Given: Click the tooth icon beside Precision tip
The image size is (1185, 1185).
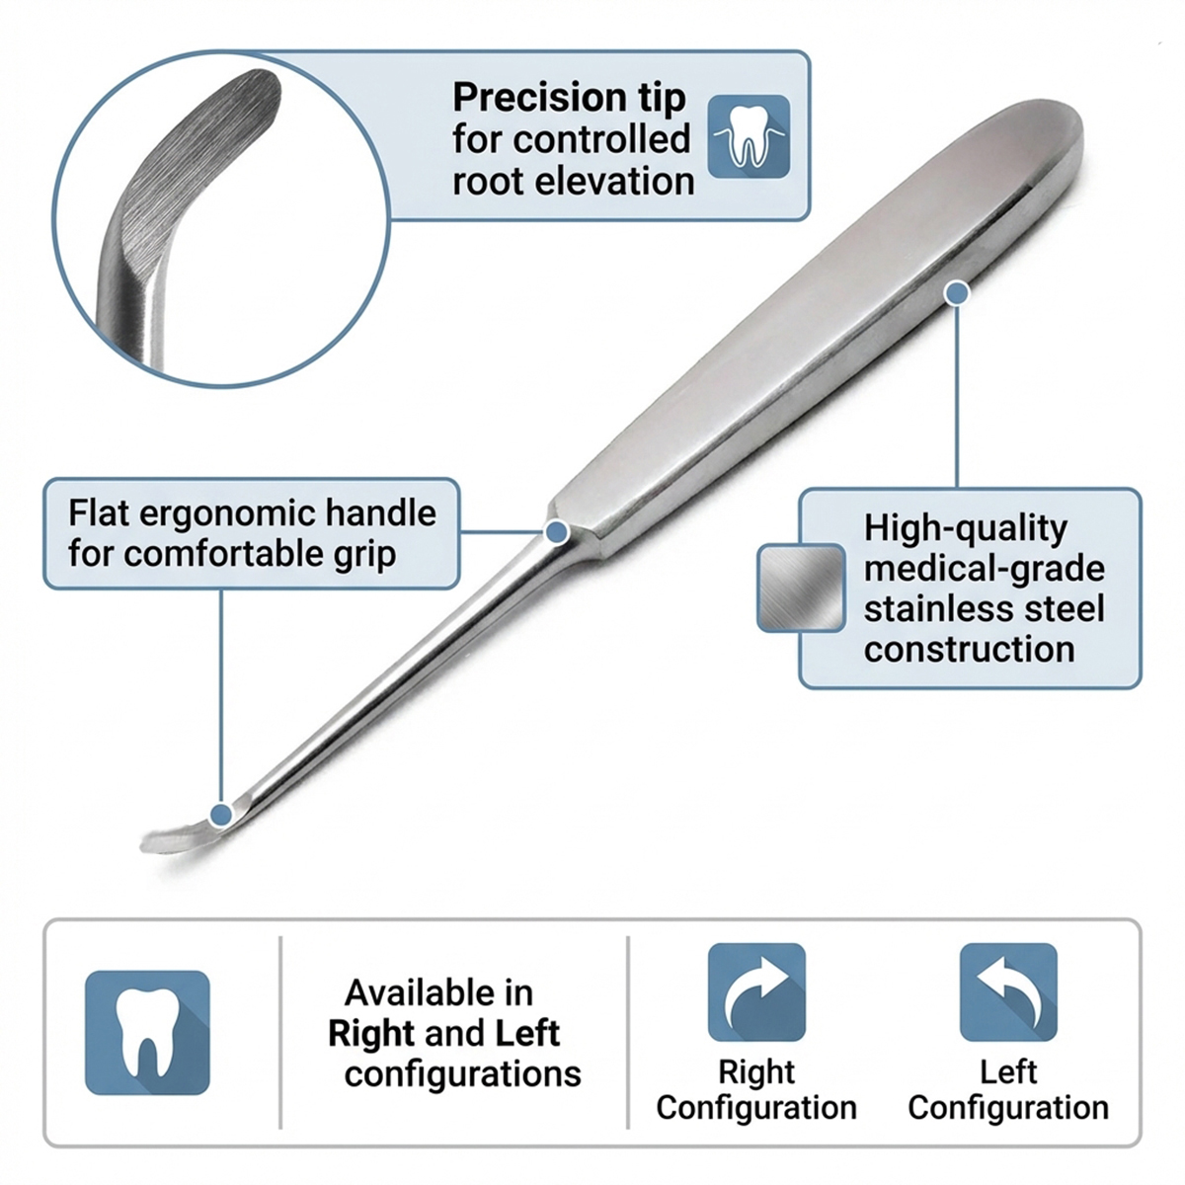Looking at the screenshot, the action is pyautogui.click(x=749, y=136).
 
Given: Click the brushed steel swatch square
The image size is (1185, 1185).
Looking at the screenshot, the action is pyautogui.click(x=801, y=588).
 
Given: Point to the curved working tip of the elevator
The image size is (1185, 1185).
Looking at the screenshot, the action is pyautogui.click(x=185, y=835).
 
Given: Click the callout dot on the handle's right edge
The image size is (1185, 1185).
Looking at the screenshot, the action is pyautogui.click(x=957, y=293).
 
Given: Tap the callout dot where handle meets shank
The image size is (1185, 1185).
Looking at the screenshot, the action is pyautogui.click(x=557, y=531).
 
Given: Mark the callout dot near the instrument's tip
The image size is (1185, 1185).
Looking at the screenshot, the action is pyautogui.click(x=221, y=815).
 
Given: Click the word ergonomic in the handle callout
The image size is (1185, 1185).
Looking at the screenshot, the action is pyautogui.click(x=227, y=513).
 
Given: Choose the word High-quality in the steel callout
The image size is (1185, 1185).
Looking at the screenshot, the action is pyautogui.click(x=966, y=529).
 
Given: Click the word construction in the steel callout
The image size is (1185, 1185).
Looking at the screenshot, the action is pyautogui.click(x=969, y=649).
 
